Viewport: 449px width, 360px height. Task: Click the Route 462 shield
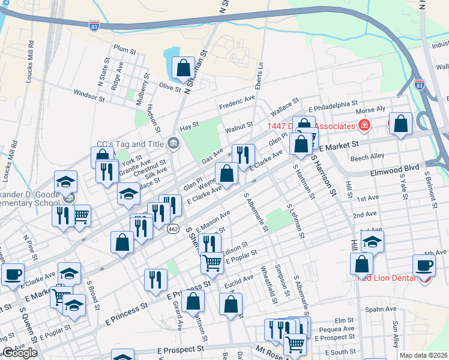[x=173, y=229]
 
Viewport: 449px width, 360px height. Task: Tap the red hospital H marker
[x=364, y=125]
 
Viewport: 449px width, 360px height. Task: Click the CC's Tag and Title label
[x=130, y=144]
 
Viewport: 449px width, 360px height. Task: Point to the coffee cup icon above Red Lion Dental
[x=424, y=265]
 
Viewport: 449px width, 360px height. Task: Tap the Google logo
[x=20, y=353]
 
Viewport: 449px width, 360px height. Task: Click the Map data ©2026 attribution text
[x=423, y=355]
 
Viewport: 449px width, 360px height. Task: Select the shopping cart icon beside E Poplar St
[x=212, y=262]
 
